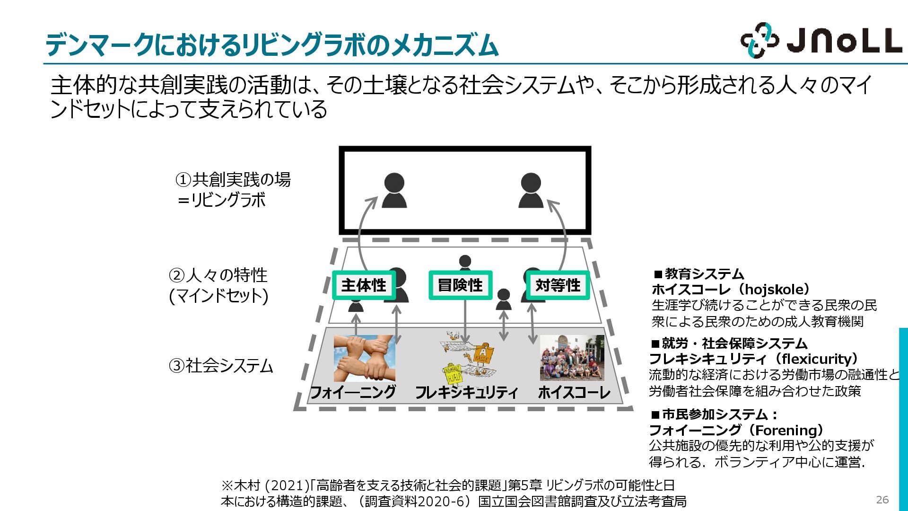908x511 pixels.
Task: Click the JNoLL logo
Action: click(821, 40)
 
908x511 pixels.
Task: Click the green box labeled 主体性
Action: click(364, 285)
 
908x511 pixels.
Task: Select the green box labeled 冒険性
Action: click(460, 285)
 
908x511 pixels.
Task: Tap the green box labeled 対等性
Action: click(558, 285)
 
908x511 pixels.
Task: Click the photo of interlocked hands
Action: click(364, 358)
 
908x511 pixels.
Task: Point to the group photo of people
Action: click(572, 358)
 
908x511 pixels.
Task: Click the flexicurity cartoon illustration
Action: click(468, 359)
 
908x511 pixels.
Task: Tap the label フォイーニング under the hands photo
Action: click(353, 392)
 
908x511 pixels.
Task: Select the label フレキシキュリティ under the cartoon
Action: click(466, 392)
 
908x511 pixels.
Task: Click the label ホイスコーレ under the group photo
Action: click(574, 392)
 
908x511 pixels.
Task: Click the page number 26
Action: click(882, 500)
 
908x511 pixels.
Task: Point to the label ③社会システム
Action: click(221, 366)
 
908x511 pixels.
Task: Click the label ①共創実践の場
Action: click(233, 180)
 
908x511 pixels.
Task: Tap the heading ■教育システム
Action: click(699, 273)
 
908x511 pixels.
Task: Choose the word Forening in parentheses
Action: click(788, 430)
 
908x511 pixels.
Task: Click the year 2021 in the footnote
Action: click(285, 485)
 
